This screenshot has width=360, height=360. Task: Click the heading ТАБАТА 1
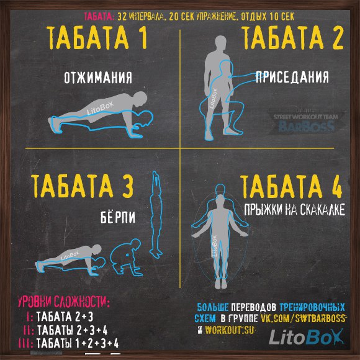(x=97, y=37)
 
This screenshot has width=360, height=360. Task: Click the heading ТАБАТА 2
(x=293, y=37)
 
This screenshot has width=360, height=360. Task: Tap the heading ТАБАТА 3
(x=82, y=186)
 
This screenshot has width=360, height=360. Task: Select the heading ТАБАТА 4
(x=291, y=186)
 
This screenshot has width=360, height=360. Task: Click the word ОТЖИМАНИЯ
(x=98, y=78)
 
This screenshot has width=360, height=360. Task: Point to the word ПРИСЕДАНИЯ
(x=292, y=77)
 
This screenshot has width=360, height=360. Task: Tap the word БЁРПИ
(x=118, y=217)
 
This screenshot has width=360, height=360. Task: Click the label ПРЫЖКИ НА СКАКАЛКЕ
(x=294, y=209)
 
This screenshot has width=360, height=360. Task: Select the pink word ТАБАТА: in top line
(x=99, y=17)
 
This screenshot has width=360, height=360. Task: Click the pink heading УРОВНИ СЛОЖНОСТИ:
(x=64, y=302)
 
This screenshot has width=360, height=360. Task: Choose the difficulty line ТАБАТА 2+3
(x=60, y=317)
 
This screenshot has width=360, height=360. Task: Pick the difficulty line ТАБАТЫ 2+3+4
(x=65, y=330)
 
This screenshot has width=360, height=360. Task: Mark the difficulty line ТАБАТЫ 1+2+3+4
(x=68, y=343)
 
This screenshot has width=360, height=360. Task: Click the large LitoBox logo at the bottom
(x=306, y=337)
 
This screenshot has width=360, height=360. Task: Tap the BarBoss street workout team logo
(x=307, y=124)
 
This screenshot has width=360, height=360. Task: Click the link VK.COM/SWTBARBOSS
(x=304, y=318)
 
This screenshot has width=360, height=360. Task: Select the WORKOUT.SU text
(x=230, y=330)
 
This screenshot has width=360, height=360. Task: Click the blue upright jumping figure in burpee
(x=156, y=214)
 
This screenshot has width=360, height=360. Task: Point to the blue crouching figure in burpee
(x=126, y=257)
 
